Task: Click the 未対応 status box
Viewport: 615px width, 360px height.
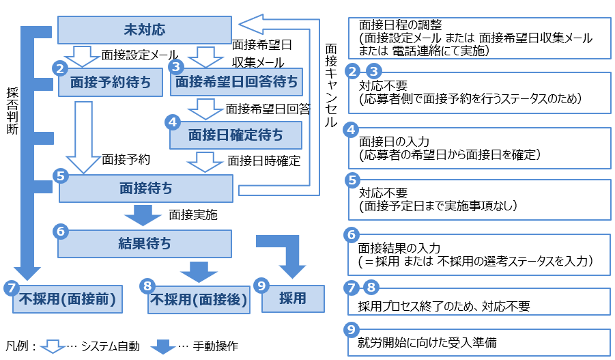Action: click(x=144, y=30)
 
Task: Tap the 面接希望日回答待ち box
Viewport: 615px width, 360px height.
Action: click(x=237, y=83)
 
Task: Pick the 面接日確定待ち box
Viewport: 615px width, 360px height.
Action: click(x=235, y=135)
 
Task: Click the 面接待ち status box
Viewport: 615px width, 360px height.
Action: click(x=146, y=189)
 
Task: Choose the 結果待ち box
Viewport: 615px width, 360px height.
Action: click(x=145, y=243)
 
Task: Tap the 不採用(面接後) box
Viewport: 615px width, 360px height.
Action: click(x=197, y=299)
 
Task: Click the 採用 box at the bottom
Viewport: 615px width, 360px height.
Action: click(x=293, y=299)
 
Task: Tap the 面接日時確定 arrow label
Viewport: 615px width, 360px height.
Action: click(x=264, y=161)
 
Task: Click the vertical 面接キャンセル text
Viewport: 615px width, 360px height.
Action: click(x=331, y=85)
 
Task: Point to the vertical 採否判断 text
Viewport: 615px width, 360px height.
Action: click(x=12, y=109)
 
